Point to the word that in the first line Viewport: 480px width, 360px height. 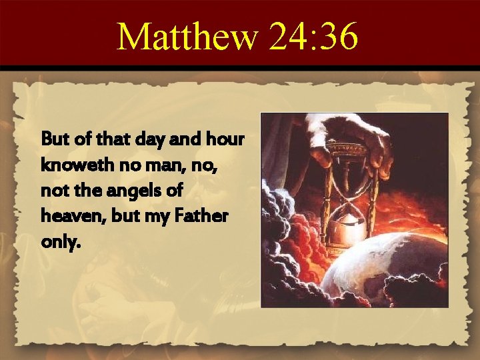coord(111,141)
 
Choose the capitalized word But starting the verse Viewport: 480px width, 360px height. coord(54,141)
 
